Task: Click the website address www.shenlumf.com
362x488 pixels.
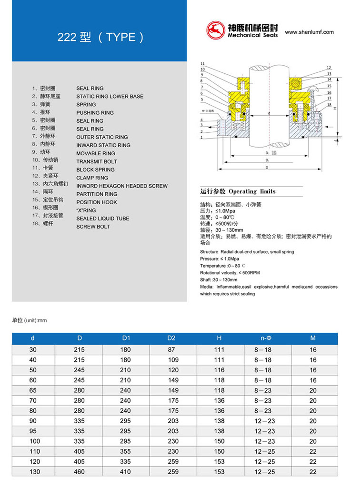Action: [x=309, y=32]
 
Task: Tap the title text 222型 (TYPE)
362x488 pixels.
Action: [x=101, y=37]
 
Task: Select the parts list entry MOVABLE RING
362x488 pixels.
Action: [x=95, y=153]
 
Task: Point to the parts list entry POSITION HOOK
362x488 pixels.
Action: [x=96, y=202]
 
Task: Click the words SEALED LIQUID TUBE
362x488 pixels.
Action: [x=102, y=219]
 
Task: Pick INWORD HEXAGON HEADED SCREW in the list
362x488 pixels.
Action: [x=122, y=186]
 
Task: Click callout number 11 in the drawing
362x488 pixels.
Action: [x=202, y=64]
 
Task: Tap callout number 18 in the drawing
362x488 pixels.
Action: [x=329, y=104]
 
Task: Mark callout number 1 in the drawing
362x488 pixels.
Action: [x=202, y=138]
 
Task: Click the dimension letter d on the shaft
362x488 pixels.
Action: [x=269, y=113]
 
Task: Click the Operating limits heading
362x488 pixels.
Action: [x=238, y=191]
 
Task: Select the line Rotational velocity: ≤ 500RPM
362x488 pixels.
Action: [x=230, y=273]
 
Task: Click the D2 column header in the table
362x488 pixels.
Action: [x=171, y=339]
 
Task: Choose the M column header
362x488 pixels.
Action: [x=312, y=339]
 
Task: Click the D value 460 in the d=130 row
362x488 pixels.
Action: [x=79, y=471]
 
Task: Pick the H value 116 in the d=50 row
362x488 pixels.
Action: [x=219, y=370]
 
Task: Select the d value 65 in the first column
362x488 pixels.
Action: [x=33, y=390]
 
